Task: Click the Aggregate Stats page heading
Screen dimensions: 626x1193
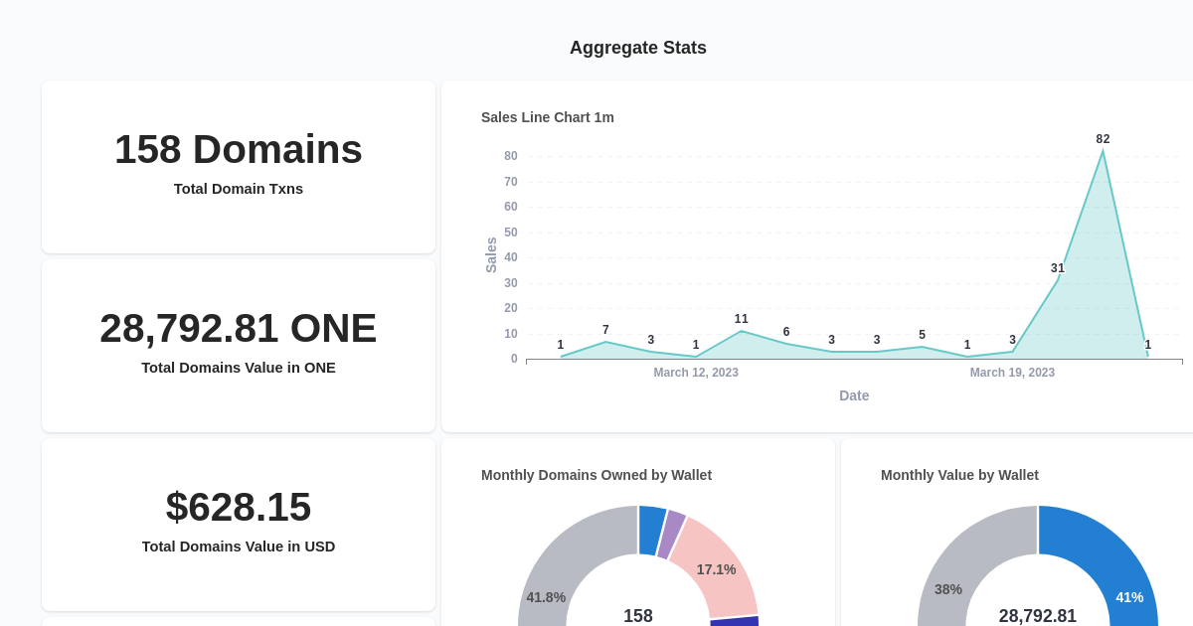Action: (x=637, y=48)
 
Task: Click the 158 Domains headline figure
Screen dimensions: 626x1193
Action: (x=239, y=149)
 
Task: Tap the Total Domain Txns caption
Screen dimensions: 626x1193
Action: (x=239, y=189)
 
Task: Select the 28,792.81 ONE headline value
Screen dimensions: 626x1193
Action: (x=239, y=328)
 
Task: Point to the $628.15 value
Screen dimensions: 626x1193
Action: (x=239, y=507)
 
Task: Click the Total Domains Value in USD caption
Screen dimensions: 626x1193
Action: (x=239, y=547)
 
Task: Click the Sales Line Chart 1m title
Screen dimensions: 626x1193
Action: (x=548, y=117)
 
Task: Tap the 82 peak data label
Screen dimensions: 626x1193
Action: (x=1103, y=139)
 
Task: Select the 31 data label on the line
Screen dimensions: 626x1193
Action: (x=1058, y=268)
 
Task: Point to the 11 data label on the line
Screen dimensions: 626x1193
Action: (x=742, y=319)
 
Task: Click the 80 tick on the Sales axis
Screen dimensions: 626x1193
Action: (x=511, y=156)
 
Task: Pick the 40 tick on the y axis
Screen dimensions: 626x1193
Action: (x=511, y=257)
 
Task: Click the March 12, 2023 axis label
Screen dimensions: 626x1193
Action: (x=696, y=373)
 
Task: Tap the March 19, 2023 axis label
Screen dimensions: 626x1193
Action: (x=1012, y=373)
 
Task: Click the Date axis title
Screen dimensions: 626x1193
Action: (x=854, y=395)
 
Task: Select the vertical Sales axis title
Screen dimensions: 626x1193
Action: (x=491, y=255)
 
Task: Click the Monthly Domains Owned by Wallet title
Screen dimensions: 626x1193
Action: (x=596, y=475)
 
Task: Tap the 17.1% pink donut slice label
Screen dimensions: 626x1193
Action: (x=716, y=569)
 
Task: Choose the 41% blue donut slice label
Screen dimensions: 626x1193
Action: (x=1129, y=597)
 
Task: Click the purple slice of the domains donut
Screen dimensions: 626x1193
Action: (x=671, y=534)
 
